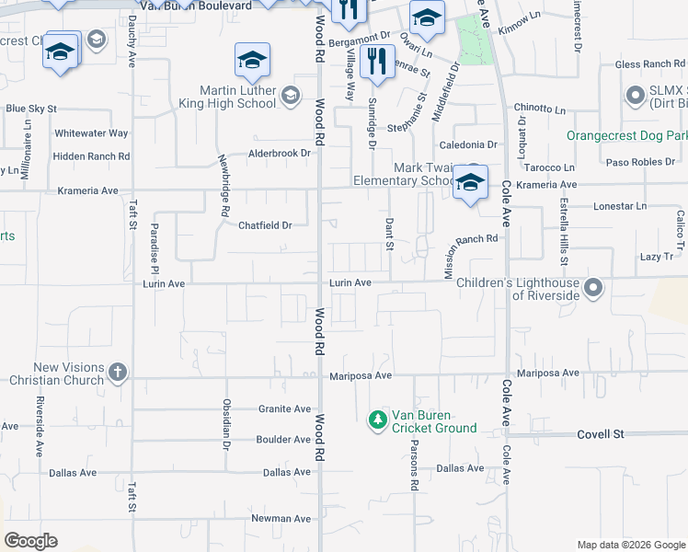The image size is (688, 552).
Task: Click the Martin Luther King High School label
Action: point(238,97)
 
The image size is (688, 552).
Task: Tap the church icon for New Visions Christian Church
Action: point(117,372)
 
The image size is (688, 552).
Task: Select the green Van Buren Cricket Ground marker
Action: point(377,420)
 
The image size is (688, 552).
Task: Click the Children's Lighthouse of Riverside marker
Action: point(593,289)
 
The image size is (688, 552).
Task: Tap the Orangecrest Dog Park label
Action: point(627,135)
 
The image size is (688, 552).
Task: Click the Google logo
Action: point(31,541)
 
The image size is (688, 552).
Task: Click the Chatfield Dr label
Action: point(265,225)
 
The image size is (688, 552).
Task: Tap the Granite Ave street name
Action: point(285,408)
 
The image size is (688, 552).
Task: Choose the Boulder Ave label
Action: point(284,440)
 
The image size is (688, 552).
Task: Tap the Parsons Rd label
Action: point(415,468)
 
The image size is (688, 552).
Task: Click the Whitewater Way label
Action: point(91,133)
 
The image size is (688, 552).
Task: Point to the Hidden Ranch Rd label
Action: point(90,157)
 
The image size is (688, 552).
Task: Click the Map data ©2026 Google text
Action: point(630,545)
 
